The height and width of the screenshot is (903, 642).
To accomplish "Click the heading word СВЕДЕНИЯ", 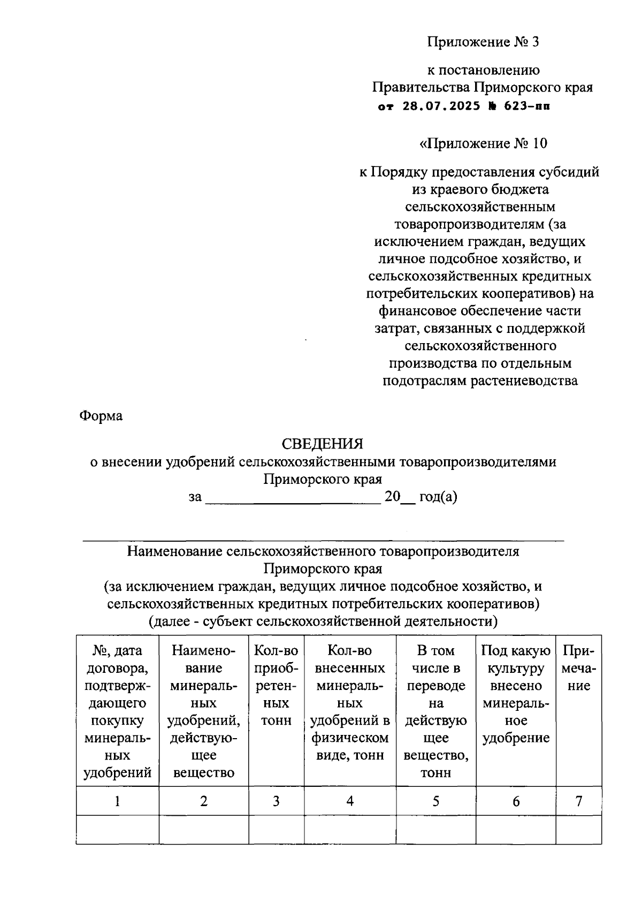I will click(x=322, y=444).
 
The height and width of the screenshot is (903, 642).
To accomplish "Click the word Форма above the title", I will click(x=101, y=416).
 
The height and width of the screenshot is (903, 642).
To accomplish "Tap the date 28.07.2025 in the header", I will click(x=434, y=107).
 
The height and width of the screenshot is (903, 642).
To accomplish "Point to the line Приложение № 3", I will click(x=483, y=42).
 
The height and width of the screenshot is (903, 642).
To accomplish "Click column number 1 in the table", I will click(x=117, y=801).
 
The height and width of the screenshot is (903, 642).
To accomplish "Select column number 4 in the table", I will click(x=350, y=801).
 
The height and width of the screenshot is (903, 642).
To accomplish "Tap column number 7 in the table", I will click(x=578, y=801).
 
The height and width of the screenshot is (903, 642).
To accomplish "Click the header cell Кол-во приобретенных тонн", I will click(x=276, y=685).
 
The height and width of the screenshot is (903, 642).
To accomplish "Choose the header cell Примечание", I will click(x=578, y=668).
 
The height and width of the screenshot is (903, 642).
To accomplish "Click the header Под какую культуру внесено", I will click(x=516, y=694).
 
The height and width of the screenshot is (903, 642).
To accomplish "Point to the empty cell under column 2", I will click(x=203, y=830).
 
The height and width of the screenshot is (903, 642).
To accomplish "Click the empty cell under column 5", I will click(x=435, y=830).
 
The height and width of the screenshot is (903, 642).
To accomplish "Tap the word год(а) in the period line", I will click(x=438, y=497).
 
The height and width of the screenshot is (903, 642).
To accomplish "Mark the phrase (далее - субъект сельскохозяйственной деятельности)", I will click(x=323, y=621).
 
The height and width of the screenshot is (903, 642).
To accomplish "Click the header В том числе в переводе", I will click(x=435, y=711).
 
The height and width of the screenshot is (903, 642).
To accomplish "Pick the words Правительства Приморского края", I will click(x=483, y=87).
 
